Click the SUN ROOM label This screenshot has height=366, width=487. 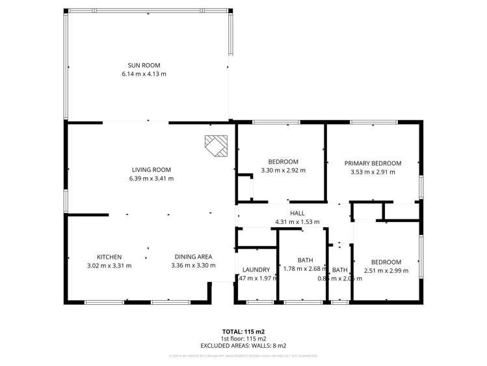click(144, 65)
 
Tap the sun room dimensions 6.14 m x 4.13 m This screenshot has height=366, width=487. click(144, 74)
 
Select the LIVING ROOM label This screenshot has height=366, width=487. click(153, 169)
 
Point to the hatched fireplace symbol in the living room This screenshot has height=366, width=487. click(217, 146)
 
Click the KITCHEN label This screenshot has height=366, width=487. click(109, 257)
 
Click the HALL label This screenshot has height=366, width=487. click(297, 213)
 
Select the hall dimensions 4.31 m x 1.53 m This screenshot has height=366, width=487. click(297, 222)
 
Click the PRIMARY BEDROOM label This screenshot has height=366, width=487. click(373, 163)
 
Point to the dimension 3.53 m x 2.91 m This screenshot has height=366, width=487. click(373, 173)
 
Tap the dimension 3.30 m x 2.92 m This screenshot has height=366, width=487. click(283, 171)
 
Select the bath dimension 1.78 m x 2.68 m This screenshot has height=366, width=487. click(305, 270)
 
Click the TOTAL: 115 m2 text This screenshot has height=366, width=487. click(243, 331)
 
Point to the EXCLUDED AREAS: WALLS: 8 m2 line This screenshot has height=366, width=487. click(243, 346)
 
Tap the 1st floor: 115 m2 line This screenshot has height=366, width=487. click(243, 339)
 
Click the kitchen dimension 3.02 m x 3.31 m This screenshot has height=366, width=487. click(109, 266)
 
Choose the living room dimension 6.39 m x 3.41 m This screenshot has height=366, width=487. click(153, 178)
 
